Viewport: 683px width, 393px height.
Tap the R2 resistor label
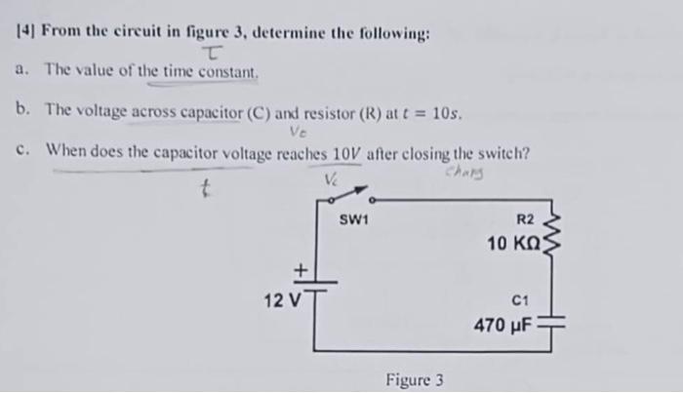(524, 219)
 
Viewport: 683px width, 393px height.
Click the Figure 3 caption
(414, 379)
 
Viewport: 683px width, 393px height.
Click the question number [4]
(24, 34)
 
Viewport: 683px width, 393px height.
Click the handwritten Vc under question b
(297, 135)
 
